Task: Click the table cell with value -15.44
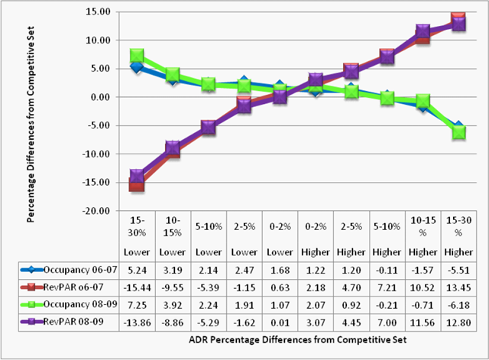(136, 285)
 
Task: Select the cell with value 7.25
(136, 300)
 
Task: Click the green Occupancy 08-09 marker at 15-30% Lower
(137, 56)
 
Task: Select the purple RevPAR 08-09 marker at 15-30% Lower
(137, 177)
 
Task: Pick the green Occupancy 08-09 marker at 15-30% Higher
(459, 131)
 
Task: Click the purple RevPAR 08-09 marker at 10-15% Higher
(423, 31)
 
